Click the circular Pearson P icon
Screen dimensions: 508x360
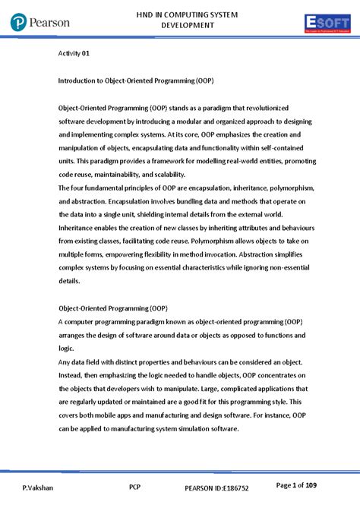[x=19, y=24]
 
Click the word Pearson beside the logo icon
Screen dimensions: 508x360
[x=51, y=23]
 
